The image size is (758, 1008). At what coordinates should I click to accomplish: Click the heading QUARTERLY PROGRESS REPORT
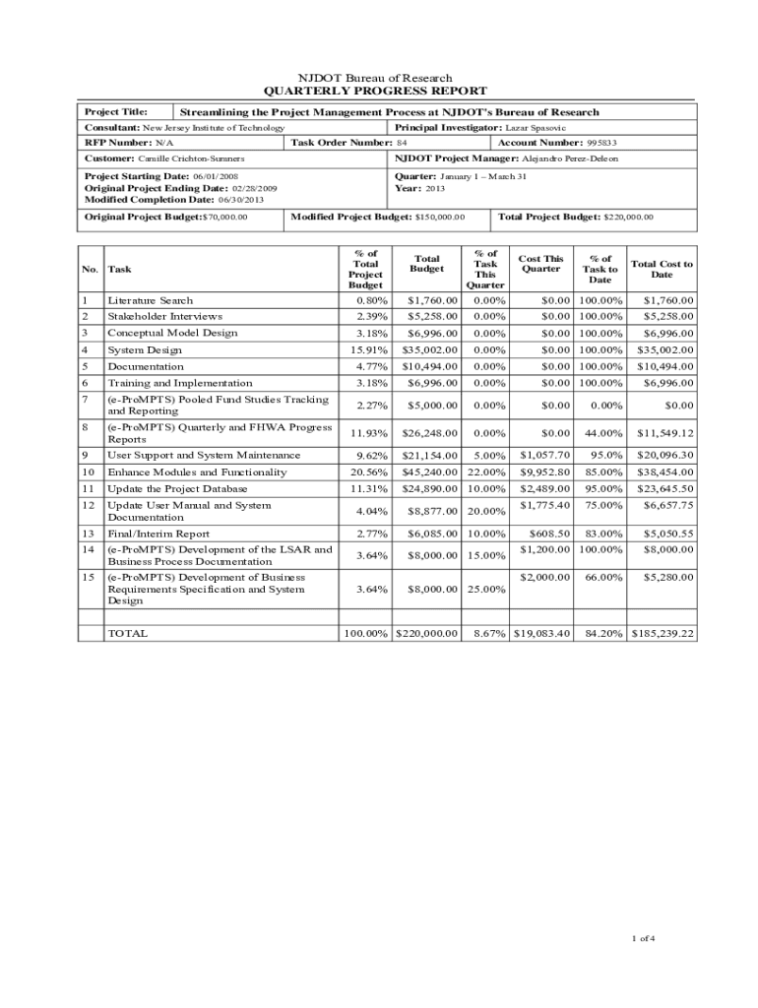378,92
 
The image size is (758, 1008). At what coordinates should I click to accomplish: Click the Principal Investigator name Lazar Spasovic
536,128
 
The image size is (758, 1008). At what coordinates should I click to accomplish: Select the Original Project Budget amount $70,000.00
224,218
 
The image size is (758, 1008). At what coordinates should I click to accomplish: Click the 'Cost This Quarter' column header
541,264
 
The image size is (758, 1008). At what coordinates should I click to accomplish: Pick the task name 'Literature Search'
150,300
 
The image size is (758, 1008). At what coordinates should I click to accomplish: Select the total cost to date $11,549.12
664,433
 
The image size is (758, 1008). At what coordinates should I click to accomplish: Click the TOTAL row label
128,634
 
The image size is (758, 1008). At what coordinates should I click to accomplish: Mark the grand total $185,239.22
663,634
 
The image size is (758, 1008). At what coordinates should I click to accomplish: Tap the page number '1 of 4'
643,938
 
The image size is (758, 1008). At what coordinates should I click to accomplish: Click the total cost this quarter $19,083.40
541,634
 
